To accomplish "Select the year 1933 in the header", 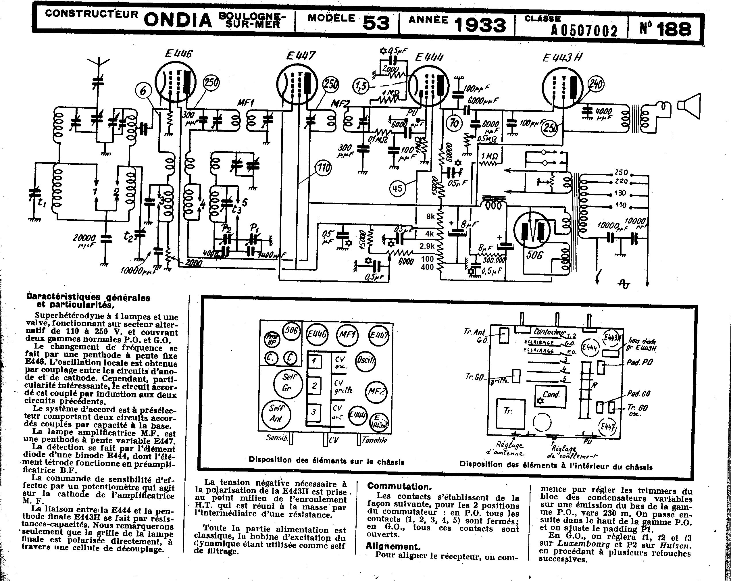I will pos(480,25).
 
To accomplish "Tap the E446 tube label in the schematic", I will pos(179,53).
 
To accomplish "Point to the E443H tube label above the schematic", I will pos(562,58).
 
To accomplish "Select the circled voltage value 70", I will pos(454,123).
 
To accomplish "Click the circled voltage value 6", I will pos(143,91).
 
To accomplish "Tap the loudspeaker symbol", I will pos(689,106).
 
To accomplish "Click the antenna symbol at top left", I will pos(98,64).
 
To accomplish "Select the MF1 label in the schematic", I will pos(245,102).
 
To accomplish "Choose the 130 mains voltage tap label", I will pos(620,193).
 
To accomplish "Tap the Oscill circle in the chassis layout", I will pos(365,360).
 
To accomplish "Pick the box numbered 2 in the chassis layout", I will pos(314,386).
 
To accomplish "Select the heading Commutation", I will pos(399,486).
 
